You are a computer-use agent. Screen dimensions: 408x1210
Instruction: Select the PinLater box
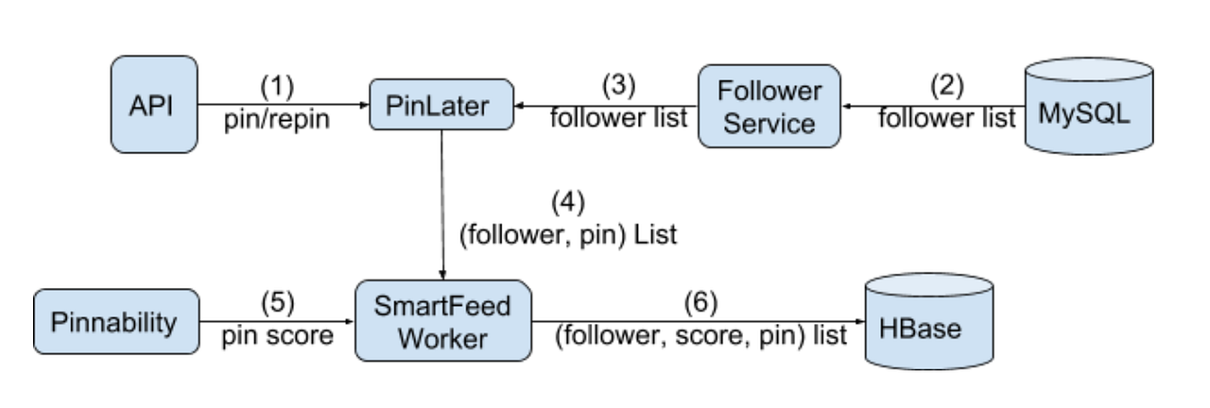[x=441, y=106]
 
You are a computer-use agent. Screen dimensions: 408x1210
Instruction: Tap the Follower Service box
[x=769, y=106]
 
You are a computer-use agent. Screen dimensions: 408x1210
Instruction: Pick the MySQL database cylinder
[x=1090, y=107]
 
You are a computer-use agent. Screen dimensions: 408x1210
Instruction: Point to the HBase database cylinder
[x=930, y=326]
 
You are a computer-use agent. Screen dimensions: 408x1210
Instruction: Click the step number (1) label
[x=277, y=87]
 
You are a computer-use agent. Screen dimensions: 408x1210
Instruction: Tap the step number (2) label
[x=946, y=86]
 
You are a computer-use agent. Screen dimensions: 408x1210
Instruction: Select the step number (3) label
[x=619, y=86]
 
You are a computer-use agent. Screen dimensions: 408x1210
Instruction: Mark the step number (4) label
[x=568, y=202]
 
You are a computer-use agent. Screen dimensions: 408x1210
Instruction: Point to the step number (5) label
[x=277, y=303]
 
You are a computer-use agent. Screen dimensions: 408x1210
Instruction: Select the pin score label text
[x=277, y=335]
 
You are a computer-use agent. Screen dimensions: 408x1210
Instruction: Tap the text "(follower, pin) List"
[x=568, y=234]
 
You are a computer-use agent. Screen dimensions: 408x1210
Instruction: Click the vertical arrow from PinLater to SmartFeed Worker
[x=442, y=208]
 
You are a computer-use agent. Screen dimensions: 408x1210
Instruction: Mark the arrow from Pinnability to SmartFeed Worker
[x=277, y=321]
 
